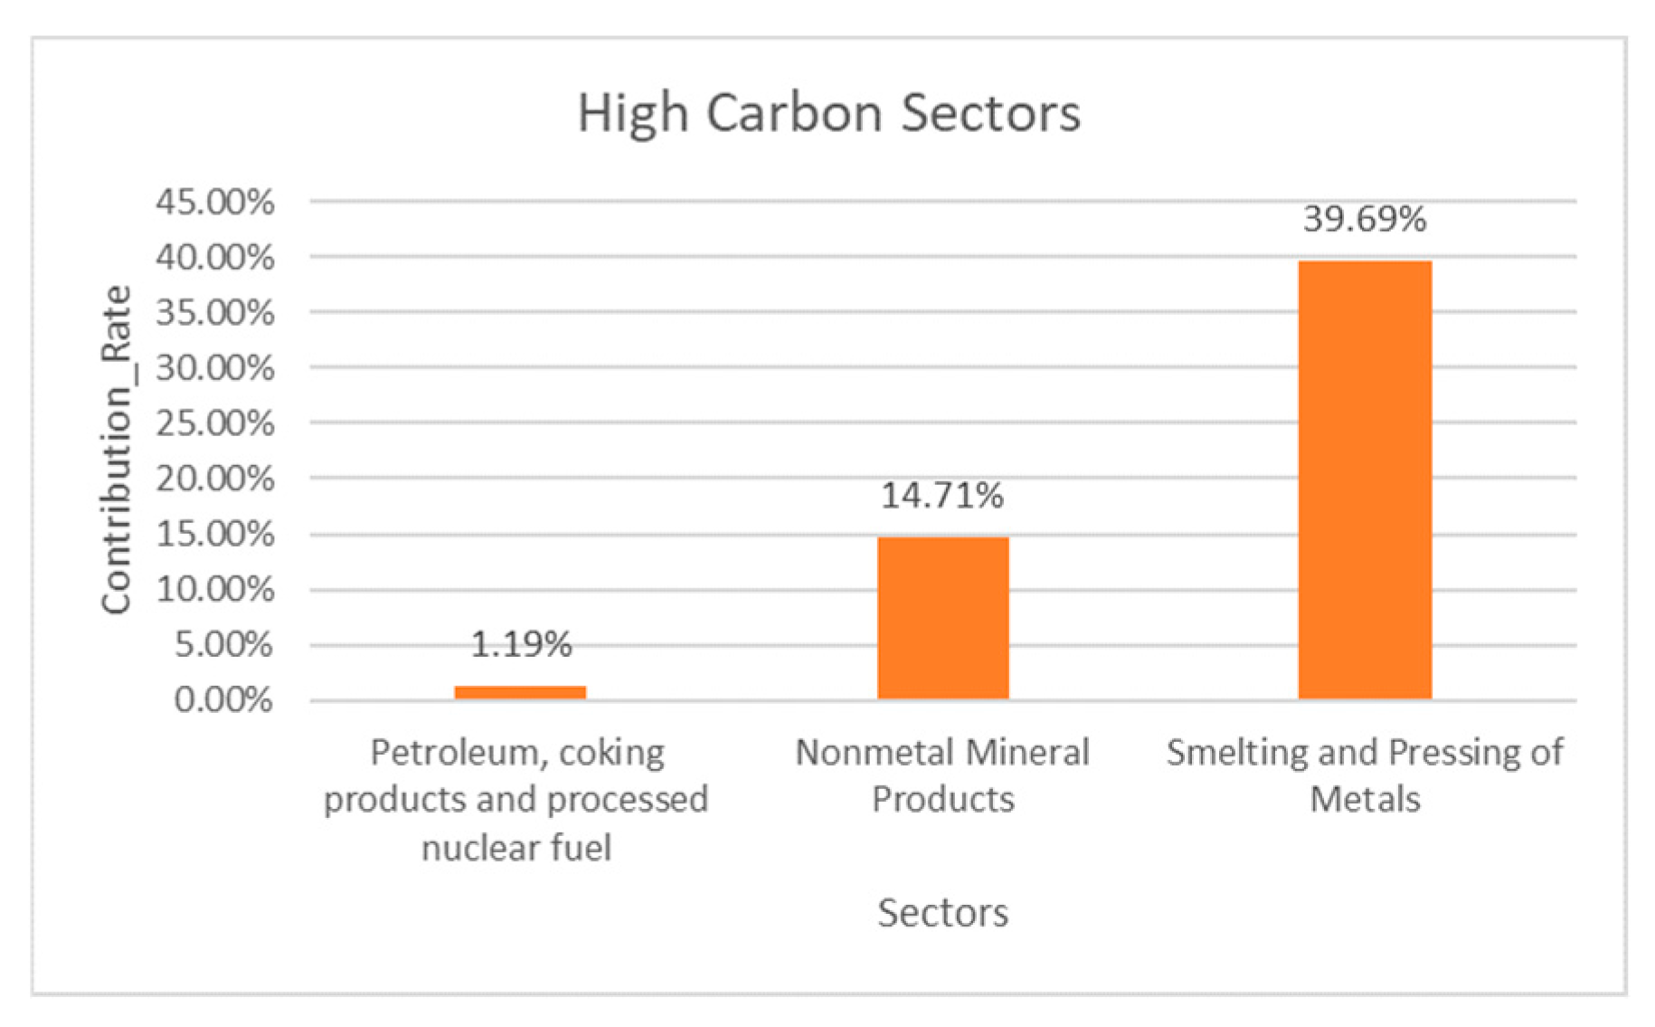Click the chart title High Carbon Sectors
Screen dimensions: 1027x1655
pos(828,114)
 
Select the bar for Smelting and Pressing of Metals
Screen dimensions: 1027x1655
pos(1365,480)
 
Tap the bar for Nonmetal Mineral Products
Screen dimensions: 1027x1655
pos(942,618)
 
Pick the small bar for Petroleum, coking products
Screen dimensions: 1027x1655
pos(520,692)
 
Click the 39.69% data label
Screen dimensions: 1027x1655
pos(1365,220)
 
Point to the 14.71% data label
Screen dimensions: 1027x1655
pos(942,496)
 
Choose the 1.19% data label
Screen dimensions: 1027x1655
pos(521,644)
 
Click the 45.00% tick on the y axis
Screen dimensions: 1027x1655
pos(215,202)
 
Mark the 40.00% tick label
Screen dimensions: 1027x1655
pos(215,258)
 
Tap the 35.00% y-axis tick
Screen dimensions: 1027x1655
pos(215,313)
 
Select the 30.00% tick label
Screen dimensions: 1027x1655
pos(215,368)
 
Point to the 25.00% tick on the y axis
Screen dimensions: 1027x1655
pos(215,423)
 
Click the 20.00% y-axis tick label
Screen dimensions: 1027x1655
pos(215,479)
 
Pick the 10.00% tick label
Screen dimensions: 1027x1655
pos(215,590)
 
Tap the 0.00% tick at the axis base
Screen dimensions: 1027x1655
pos(223,700)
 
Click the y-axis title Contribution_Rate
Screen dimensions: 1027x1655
pos(117,450)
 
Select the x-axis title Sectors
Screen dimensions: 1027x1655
pos(942,912)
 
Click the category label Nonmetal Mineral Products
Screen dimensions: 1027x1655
pos(942,775)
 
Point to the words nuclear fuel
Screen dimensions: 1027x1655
pos(516,848)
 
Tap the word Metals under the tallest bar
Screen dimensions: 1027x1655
pos(1365,800)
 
